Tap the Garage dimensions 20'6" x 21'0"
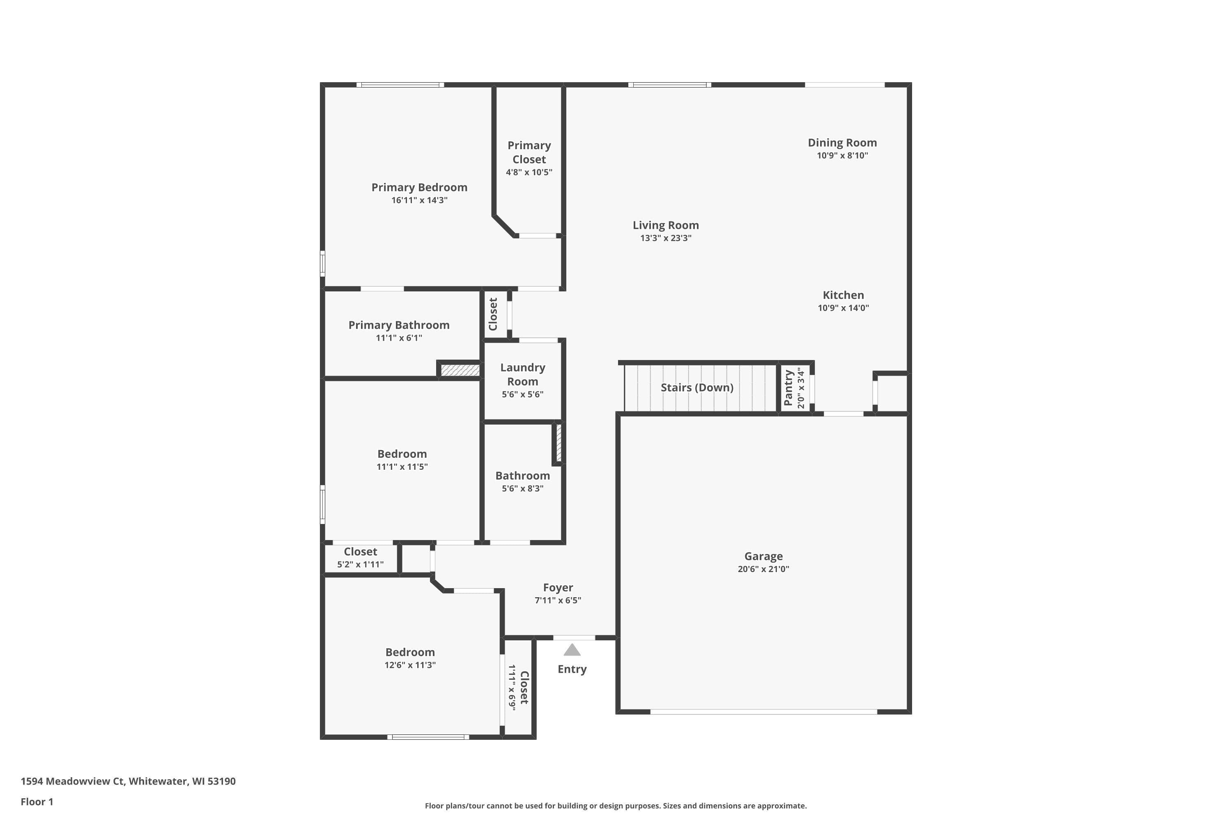point(763,569)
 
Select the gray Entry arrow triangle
point(572,650)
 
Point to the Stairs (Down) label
point(696,388)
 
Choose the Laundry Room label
point(523,374)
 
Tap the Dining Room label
point(842,143)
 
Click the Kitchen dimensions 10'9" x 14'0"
point(844,308)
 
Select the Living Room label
point(666,225)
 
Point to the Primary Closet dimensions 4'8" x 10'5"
point(529,172)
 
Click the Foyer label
point(558,588)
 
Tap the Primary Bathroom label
point(399,325)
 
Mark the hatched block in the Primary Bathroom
point(460,370)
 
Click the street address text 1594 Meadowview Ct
point(72,781)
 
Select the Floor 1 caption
point(37,801)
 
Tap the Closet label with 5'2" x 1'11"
point(361,552)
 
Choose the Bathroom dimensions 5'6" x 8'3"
point(523,489)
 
